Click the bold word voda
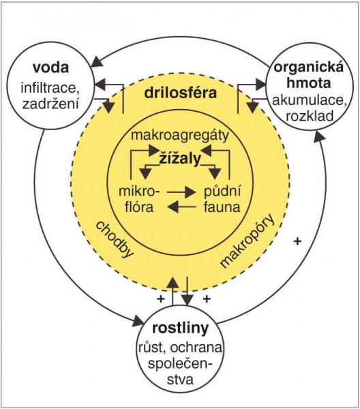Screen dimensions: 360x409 pos(51,67)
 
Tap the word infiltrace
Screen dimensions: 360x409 pos(50,88)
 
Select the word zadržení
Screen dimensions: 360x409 pos(50,104)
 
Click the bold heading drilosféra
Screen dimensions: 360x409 pos(181,93)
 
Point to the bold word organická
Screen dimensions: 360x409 pos(309,67)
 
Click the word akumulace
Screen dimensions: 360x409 pos(310,101)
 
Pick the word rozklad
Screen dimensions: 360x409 pos(310,116)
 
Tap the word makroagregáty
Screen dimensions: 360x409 pos(180,136)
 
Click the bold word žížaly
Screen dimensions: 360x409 pos(180,158)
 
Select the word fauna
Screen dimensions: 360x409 pos(222,207)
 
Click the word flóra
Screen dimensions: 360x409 pos(139,207)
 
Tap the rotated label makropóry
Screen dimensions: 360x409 pos(247,241)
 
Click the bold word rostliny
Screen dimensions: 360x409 pos(180,329)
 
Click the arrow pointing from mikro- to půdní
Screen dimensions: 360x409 pos(181,192)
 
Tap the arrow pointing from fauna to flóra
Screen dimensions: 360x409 pos(181,207)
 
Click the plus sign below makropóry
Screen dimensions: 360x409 pos(297,241)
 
